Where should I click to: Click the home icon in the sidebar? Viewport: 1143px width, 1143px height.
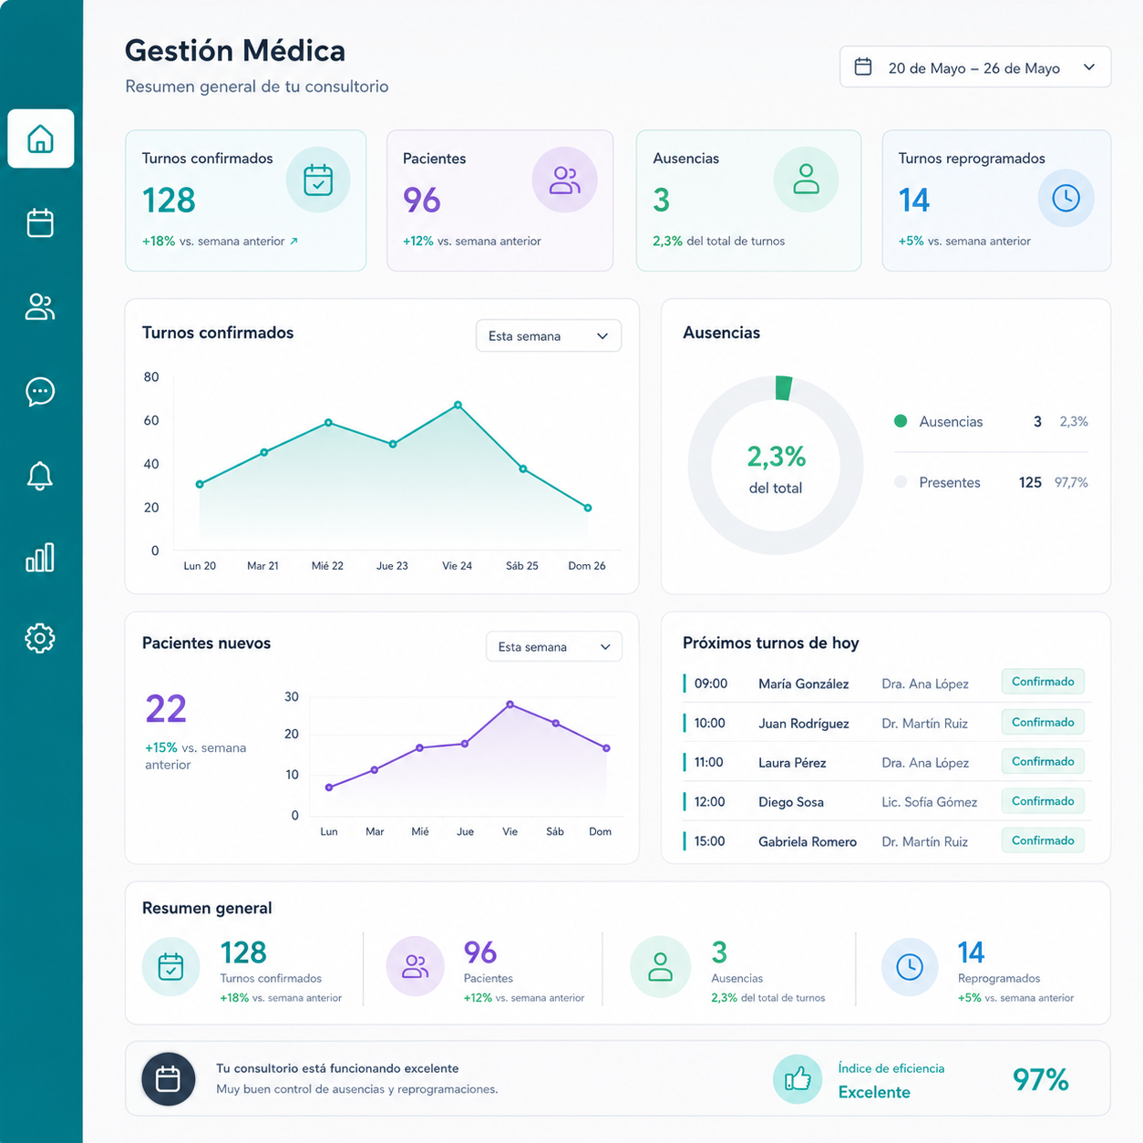pyautogui.click(x=40, y=139)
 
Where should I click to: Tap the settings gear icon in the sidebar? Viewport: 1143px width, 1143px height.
pyautogui.click(x=40, y=638)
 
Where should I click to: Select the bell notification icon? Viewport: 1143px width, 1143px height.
pyautogui.click(x=40, y=476)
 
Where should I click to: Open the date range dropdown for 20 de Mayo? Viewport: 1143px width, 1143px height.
pyautogui.click(x=975, y=67)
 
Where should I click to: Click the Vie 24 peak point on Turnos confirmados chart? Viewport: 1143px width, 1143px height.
pyautogui.click(x=458, y=405)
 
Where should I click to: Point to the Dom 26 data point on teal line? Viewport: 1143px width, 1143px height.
pyautogui.click(x=588, y=508)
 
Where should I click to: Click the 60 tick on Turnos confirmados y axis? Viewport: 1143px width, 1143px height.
pyautogui.click(x=151, y=420)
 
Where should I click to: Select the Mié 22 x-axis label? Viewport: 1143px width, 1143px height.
pyautogui.click(x=327, y=566)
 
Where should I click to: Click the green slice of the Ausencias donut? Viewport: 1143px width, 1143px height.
pyautogui.click(x=784, y=388)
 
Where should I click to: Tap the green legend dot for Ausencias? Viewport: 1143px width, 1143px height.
pyautogui.click(x=901, y=421)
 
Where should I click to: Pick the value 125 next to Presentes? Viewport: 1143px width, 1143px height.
pyautogui.click(x=1030, y=483)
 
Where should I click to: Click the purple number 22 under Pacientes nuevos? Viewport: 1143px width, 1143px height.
pyautogui.click(x=166, y=708)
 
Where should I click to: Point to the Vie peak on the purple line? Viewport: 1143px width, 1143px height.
pyautogui.click(x=510, y=705)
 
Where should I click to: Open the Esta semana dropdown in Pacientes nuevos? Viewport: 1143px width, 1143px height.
pyautogui.click(x=554, y=646)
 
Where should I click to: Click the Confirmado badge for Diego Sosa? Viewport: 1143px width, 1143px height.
pyautogui.click(x=1043, y=801)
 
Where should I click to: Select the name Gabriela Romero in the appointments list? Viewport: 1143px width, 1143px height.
pyautogui.click(x=808, y=841)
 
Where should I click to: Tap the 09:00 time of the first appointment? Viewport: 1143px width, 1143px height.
pyautogui.click(x=711, y=684)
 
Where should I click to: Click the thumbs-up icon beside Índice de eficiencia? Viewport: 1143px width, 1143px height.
pyautogui.click(x=798, y=1079)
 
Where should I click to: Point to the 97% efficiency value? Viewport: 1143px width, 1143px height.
pyautogui.click(x=1040, y=1079)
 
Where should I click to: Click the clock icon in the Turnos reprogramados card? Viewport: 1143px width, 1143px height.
pyautogui.click(x=1066, y=198)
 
